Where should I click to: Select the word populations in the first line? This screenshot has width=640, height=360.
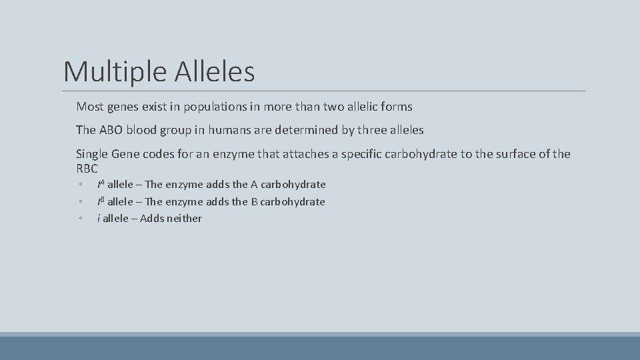pyautogui.click(x=217, y=107)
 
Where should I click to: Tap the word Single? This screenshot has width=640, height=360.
pyautogui.click(x=92, y=154)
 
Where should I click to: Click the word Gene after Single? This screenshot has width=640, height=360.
pyautogui.click(x=126, y=154)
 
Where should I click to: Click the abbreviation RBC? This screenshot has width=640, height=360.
pyautogui.click(x=87, y=169)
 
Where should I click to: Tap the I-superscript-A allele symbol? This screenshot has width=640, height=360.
pyautogui.click(x=101, y=184)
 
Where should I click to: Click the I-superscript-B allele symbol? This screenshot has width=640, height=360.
pyautogui.click(x=101, y=201)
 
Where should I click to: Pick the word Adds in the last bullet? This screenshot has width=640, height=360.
pyautogui.click(x=152, y=219)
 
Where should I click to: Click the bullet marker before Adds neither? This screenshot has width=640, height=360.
pyautogui.click(x=80, y=219)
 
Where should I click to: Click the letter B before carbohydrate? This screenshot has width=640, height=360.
pyautogui.click(x=254, y=201)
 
